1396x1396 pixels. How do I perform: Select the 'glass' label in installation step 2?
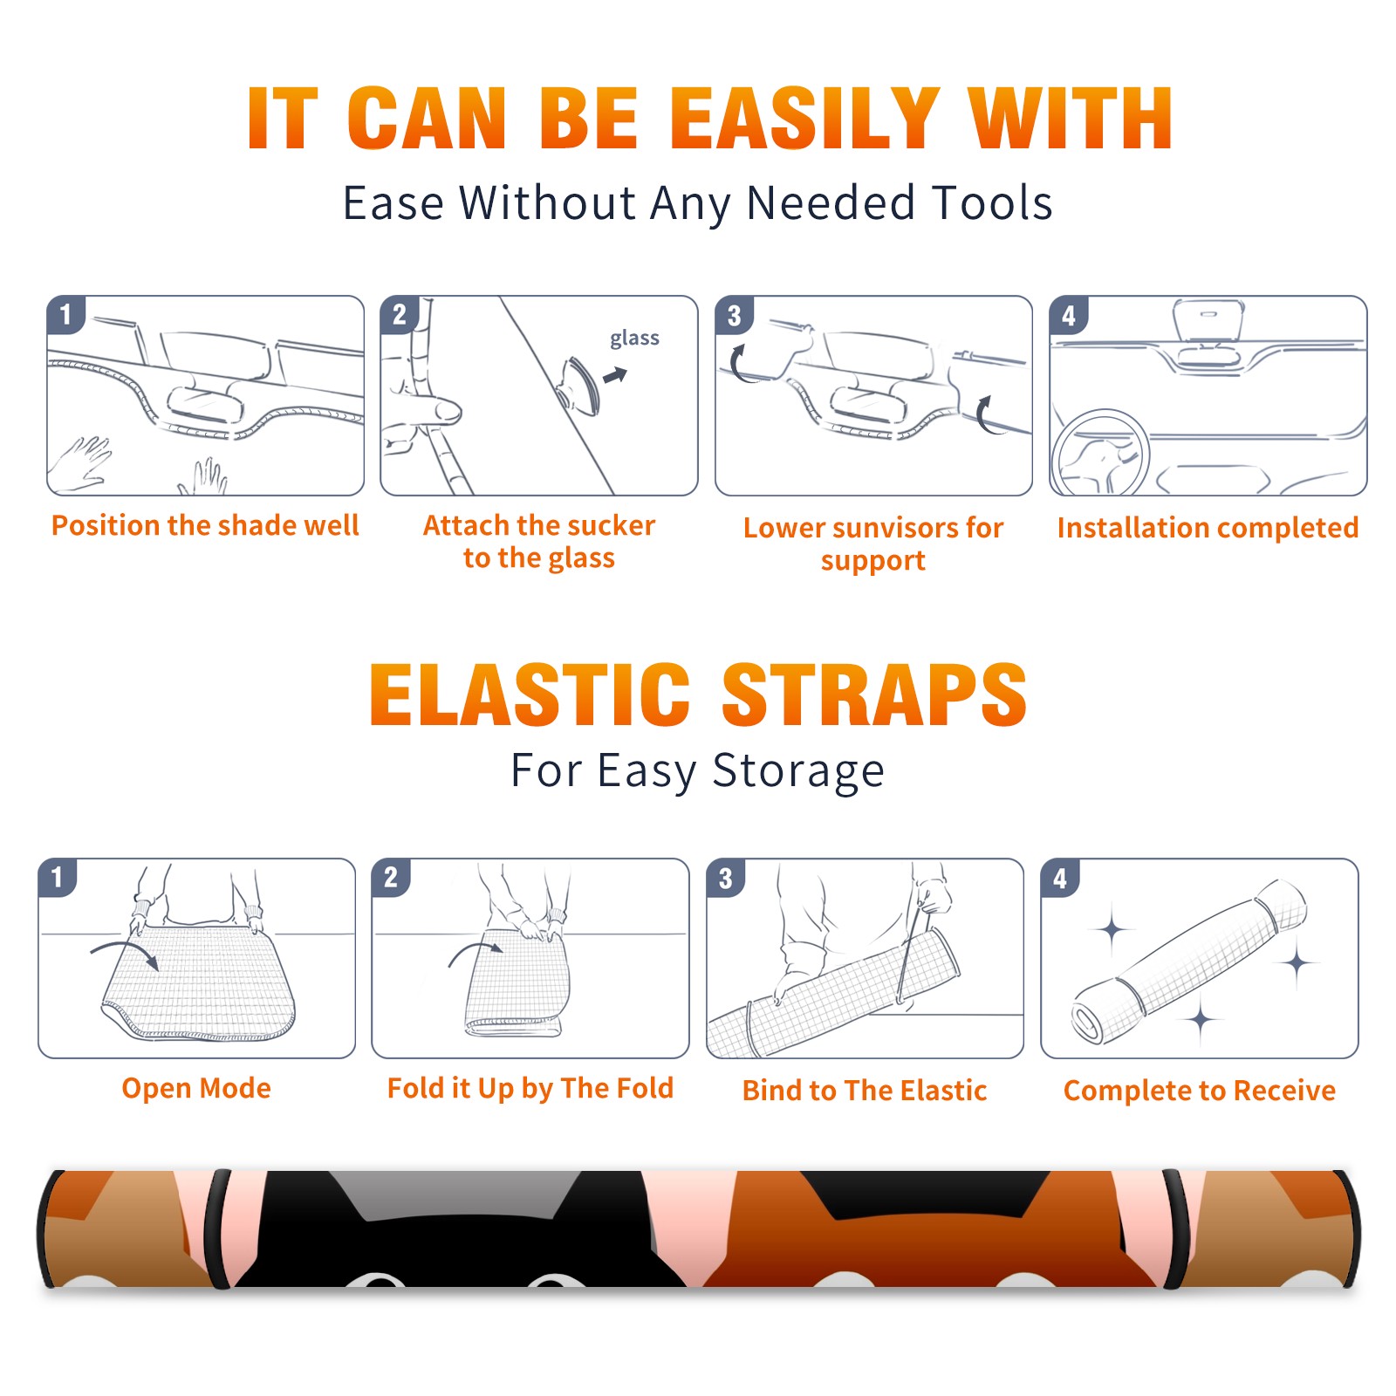(634, 339)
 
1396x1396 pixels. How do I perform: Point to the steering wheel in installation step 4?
(1100, 454)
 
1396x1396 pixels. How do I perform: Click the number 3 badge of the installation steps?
(734, 316)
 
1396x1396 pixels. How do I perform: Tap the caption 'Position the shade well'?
(205, 525)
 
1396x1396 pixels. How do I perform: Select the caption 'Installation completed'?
(1208, 528)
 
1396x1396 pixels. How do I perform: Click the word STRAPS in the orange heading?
(874, 695)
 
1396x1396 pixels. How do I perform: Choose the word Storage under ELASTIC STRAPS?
(798, 771)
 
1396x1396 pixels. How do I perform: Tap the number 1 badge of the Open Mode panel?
(58, 878)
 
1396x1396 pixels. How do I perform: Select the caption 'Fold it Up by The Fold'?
(530, 1088)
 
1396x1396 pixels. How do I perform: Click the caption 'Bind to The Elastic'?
(865, 1091)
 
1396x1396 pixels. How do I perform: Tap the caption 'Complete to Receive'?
(1200, 1091)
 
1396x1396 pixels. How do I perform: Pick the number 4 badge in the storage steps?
(1060, 878)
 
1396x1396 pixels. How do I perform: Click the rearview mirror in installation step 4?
(1208, 320)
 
